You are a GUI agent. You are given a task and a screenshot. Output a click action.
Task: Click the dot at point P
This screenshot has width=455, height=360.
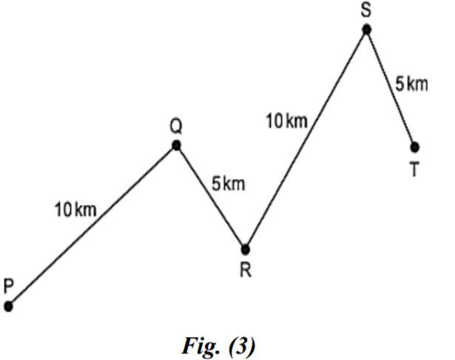point(8,306)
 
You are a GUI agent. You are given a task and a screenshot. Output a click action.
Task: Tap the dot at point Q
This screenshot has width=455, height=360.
point(176,145)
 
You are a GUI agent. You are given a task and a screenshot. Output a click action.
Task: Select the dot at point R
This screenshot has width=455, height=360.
point(246,249)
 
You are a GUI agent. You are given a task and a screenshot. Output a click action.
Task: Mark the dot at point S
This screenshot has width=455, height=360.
point(366,30)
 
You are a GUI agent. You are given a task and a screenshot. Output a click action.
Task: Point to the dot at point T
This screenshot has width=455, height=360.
point(414,147)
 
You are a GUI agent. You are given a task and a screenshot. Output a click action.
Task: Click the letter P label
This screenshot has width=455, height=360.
point(8,286)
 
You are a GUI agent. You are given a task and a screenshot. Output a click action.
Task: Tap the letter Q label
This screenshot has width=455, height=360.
point(175,126)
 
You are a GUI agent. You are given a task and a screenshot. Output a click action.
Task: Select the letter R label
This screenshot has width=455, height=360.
point(246,270)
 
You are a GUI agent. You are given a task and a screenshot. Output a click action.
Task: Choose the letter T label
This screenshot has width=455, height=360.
point(414,169)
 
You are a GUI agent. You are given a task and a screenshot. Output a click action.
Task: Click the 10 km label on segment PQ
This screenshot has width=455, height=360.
point(75,210)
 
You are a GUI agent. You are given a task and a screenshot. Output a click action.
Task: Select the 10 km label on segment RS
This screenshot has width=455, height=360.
point(287,120)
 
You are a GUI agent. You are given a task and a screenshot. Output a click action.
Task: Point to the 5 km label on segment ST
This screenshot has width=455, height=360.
point(411,84)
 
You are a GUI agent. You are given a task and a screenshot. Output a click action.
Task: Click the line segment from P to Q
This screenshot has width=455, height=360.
point(92,225)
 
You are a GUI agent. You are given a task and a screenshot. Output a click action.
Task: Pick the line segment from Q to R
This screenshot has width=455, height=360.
point(211,197)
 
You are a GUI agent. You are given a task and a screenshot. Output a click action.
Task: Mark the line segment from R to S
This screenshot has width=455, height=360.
point(306,139)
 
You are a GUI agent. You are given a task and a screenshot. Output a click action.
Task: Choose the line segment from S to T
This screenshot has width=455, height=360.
point(391,89)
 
